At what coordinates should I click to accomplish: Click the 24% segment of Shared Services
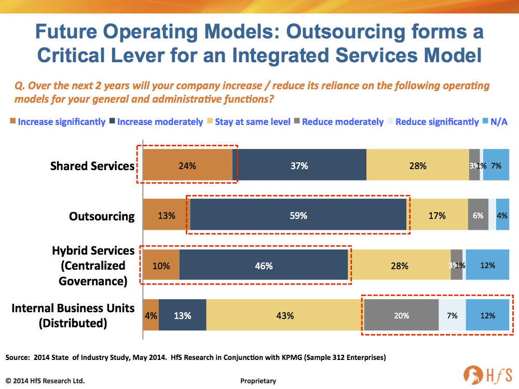click(x=187, y=166)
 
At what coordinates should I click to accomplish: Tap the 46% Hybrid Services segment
click(x=264, y=266)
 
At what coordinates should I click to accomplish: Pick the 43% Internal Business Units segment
click(x=285, y=315)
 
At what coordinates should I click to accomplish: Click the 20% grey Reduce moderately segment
click(x=401, y=315)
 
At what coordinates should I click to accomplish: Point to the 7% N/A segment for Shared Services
click(x=496, y=166)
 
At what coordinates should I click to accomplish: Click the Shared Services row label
click(x=92, y=166)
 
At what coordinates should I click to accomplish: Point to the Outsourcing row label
click(x=102, y=216)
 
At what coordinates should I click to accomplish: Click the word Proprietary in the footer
click(x=258, y=381)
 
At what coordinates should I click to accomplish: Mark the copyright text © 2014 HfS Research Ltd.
click(x=45, y=381)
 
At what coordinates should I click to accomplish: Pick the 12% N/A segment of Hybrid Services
click(x=487, y=266)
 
